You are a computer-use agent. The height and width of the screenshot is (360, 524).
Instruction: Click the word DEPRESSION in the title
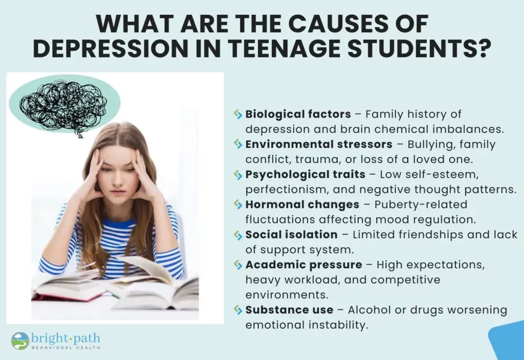(111, 49)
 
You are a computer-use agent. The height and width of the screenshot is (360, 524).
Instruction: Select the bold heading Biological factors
(298, 114)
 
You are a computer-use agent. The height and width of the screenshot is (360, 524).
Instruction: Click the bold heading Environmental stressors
(319, 144)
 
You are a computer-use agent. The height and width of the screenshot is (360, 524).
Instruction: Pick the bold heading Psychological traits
(305, 175)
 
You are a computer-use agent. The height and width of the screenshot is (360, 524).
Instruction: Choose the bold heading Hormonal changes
(302, 205)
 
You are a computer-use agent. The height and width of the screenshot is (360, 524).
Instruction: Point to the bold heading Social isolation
(291, 234)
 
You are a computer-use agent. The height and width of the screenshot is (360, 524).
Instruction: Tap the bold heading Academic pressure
(304, 265)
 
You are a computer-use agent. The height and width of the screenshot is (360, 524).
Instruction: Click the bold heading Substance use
(289, 310)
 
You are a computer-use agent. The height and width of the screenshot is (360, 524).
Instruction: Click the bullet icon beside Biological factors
(238, 114)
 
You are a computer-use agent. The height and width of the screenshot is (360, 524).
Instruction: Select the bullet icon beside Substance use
(238, 310)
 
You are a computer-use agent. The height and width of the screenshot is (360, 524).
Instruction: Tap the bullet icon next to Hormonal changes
(238, 205)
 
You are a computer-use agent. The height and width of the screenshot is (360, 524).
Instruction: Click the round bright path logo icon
(20, 341)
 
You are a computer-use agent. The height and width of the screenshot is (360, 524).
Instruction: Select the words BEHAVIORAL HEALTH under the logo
(66, 348)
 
